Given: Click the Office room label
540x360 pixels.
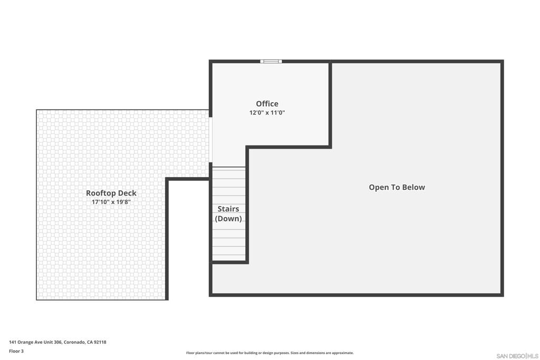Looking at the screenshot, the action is (267, 104).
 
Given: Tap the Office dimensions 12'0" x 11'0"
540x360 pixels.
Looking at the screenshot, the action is (267, 113).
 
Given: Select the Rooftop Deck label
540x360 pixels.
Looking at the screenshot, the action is (111, 193).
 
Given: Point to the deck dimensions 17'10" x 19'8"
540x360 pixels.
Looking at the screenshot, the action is (111, 202).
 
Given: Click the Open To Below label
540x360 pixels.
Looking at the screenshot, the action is (397, 187).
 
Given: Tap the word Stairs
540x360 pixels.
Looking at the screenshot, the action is (228, 209).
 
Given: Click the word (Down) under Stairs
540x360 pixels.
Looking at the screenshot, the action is (228, 219).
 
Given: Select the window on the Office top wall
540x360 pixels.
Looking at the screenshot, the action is (271, 61).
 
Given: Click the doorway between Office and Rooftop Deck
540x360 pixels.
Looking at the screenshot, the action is (211, 140).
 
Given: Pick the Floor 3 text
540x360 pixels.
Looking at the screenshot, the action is (16, 351).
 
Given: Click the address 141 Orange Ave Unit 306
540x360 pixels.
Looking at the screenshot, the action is (35, 342).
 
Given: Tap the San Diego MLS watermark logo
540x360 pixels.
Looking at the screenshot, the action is (517, 356).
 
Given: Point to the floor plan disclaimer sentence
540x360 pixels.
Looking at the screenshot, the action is (270, 353).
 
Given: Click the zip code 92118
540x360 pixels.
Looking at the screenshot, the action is (100, 342).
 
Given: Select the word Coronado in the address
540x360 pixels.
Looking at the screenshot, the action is (74, 342).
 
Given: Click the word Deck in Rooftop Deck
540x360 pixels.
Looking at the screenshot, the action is (128, 193).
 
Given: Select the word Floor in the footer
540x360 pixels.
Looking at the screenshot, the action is (14, 351).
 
